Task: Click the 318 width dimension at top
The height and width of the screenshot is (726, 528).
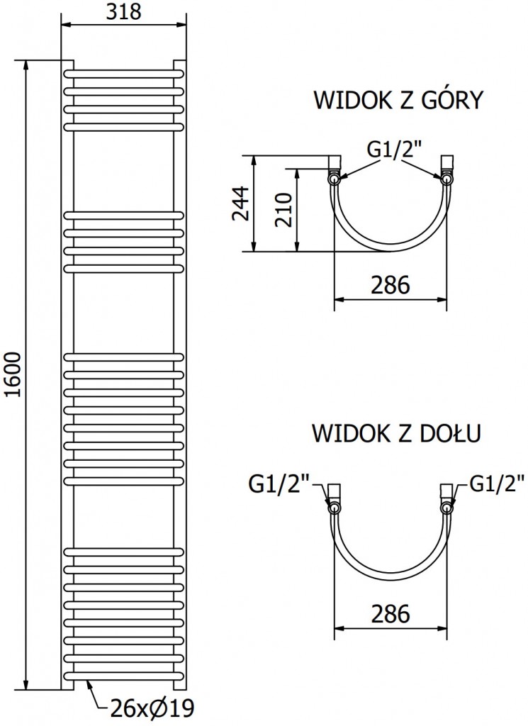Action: (x=124, y=12)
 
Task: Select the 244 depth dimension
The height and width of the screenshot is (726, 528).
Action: (x=242, y=203)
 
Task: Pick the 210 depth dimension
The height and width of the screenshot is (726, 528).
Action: (x=282, y=209)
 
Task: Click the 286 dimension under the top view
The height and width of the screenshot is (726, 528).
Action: (x=391, y=285)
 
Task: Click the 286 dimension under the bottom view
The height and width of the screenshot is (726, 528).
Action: (x=391, y=613)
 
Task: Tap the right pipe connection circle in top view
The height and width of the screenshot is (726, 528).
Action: (x=446, y=180)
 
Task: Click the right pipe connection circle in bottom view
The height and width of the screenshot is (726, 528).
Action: (x=446, y=508)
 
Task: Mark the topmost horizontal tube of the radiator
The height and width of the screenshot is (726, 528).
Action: (x=124, y=74)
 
